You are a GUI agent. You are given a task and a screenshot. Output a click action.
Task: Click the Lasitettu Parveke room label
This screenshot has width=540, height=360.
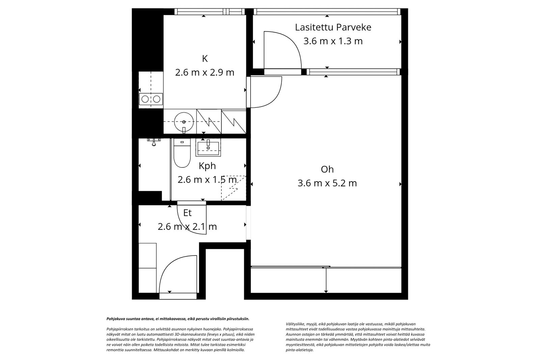[333, 27]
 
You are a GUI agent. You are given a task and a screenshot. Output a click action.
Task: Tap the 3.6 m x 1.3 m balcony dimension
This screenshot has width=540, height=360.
[333, 41]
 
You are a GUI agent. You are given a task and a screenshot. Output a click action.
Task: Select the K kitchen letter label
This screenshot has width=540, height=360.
[205, 58]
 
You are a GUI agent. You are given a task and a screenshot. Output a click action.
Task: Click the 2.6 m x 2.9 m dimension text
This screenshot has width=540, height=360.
[205, 72]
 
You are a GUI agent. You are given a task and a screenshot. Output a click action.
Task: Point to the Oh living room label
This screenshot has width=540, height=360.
[327, 169]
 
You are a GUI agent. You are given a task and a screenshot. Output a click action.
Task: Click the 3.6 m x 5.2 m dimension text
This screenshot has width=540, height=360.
[327, 183]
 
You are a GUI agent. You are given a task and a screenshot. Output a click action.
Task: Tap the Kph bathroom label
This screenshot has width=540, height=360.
[207, 166]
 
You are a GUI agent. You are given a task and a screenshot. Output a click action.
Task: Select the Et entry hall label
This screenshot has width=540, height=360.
[187, 213]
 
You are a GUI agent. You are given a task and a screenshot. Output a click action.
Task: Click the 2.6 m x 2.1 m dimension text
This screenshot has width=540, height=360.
[187, 227]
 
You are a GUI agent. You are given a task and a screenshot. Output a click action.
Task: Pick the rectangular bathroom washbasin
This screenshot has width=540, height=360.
[208, 148]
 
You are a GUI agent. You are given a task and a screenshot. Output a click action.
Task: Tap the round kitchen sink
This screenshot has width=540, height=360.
[184, 121]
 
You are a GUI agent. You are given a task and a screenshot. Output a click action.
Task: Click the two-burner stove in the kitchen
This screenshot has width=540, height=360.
[151, 99]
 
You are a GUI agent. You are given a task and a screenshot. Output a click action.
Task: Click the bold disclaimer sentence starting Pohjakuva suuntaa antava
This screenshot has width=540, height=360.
[178, 318]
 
